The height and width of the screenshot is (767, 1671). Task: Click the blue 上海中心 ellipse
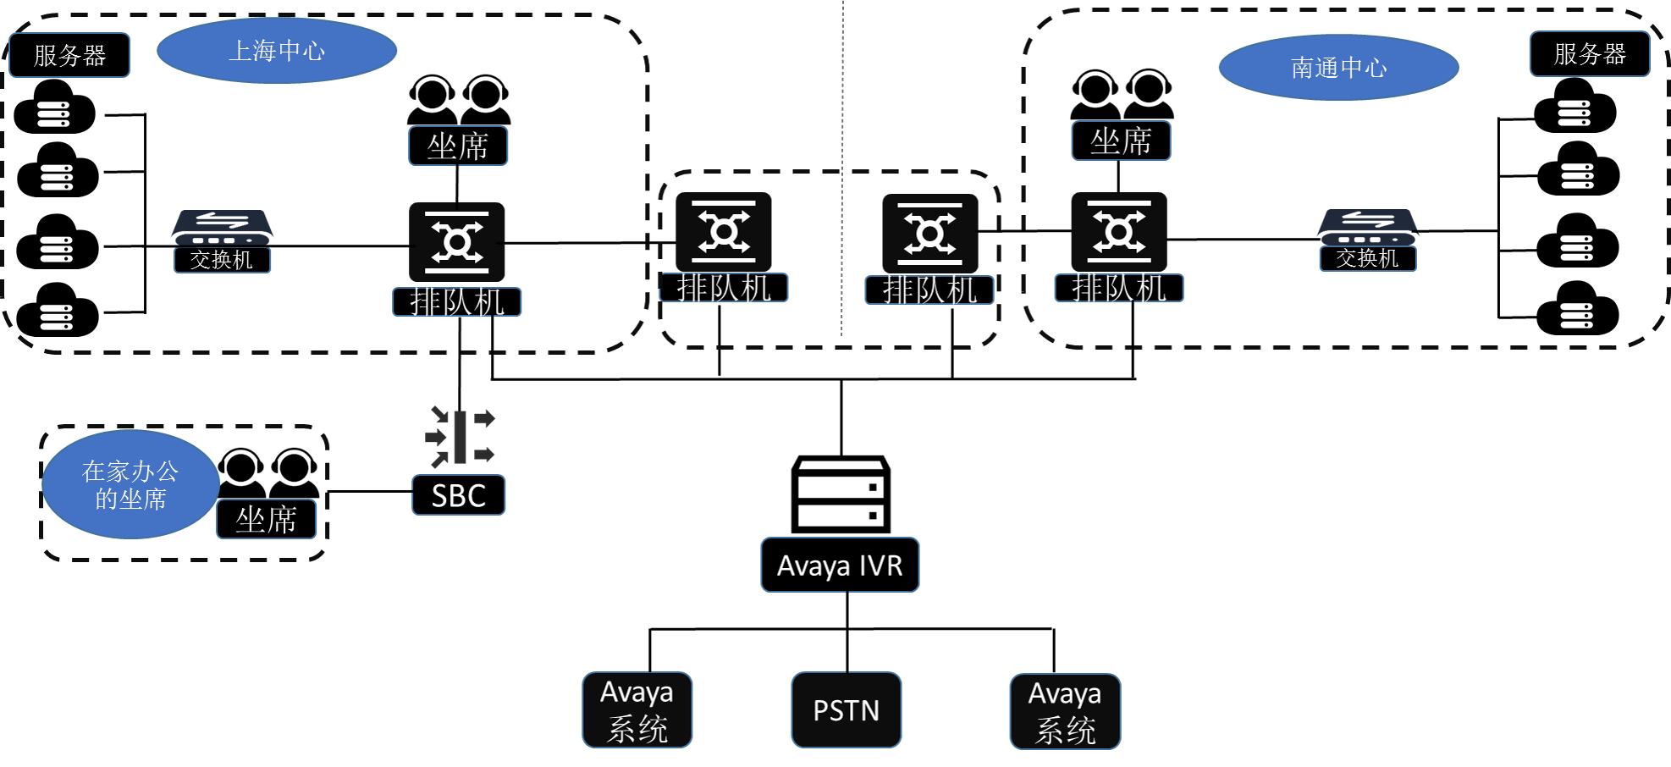click(x=277, y=51)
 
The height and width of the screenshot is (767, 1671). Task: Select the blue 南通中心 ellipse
click(x=1338, y=68)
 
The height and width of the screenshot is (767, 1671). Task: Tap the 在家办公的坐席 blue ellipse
click(x=130, y=484)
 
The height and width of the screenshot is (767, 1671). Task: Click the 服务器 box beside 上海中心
click(x=69, y=55)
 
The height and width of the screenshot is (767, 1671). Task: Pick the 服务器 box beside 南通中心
click(x=1589, y=54)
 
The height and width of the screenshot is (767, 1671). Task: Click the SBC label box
click(x=458, y=495)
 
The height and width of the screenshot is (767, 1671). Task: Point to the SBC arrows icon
click(x=460, y=437)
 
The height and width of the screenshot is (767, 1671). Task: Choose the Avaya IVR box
click(x=840, y=565)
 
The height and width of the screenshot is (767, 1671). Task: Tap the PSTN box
click(x=846, y=710)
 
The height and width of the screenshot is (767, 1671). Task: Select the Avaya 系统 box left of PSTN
click(x=637, y=710)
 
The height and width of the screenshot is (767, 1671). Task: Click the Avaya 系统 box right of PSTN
click(x=1065, y=712)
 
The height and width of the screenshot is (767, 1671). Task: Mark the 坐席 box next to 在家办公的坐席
click(x=266, y=519)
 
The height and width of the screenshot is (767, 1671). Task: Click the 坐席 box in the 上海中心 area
click(x=458, y=146)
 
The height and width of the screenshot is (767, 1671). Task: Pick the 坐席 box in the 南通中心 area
click(x=1121, y=141)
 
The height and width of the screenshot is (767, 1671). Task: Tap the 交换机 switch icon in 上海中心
click(x=223, y=227)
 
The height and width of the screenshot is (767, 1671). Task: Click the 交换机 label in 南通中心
click(x=1367, y=258)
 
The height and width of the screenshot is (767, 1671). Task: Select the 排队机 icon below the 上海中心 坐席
click(x=457, y=242)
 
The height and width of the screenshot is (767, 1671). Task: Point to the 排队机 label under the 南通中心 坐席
click(x=1118, y=288)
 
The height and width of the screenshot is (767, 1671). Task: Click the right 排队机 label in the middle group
click(x=929, y=290)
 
